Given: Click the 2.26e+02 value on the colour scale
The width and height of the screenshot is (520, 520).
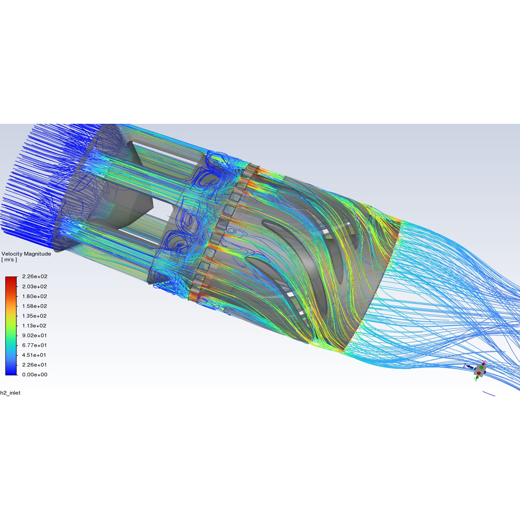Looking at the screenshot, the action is pos(34,277).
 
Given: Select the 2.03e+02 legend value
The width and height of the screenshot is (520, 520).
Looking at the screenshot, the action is pos(34,287).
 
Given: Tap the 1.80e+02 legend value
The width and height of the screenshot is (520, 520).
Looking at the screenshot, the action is pos(34,296).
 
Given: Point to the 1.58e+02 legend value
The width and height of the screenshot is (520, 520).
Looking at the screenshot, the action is pos(34,306).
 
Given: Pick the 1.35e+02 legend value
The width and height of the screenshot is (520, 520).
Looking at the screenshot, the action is pos(34,316).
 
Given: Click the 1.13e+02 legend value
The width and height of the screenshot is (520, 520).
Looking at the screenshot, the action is pos(34,326).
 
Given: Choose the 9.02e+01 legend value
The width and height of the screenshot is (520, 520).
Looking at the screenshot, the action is pos(34,335).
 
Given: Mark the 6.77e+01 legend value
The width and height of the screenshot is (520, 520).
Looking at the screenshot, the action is pos(34,345).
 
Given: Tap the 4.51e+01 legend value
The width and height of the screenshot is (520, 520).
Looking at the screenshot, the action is pos(34,355).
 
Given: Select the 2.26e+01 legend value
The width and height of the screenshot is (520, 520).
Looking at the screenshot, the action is pos(34,365).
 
